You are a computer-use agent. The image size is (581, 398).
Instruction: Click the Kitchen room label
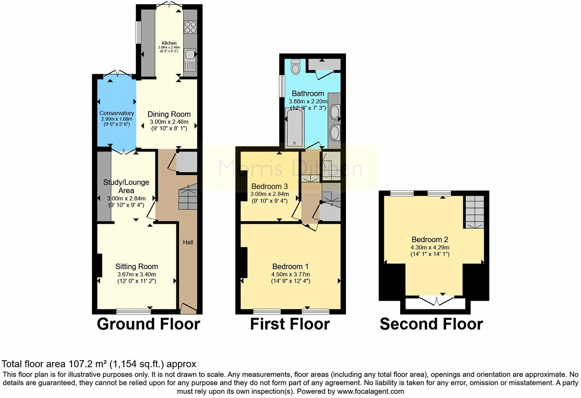click(169, 43)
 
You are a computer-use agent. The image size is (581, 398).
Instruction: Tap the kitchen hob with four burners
click(190, 26)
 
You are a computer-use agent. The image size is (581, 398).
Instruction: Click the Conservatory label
click(117, 113)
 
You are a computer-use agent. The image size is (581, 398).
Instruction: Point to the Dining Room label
click(169, 114)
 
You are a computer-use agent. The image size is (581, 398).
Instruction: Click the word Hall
click(188, 242)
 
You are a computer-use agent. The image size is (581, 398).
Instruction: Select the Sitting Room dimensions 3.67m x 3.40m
click(136, 274)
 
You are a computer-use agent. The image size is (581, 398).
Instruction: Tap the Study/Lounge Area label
click(126, 186)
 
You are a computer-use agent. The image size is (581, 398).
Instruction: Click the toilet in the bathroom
click(295, 68)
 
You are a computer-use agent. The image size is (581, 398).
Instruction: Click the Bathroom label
click(308, 93)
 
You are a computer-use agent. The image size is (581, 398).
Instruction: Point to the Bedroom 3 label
click(269, 186)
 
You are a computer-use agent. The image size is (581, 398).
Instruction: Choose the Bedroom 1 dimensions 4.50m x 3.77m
click(290, 274)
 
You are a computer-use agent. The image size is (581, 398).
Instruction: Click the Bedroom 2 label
click(430, 239)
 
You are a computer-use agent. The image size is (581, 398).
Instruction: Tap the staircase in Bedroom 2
click(474, 212)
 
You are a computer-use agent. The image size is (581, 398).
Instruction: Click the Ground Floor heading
click(148, 324)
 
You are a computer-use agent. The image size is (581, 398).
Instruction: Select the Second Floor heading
click(431, 324)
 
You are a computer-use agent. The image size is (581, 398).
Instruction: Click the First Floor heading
click(290, 324)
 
